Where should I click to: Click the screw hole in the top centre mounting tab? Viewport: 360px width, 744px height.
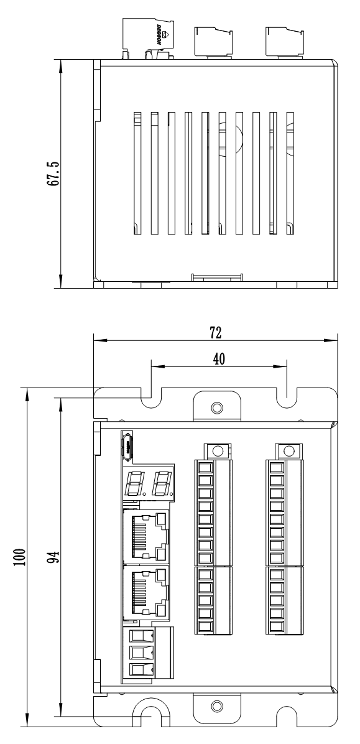(216, 407)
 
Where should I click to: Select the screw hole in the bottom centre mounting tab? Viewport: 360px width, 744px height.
(216, 705)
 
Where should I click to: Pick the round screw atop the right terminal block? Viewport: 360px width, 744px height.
(287, 450)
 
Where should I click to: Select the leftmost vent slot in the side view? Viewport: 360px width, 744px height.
(137, 174)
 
